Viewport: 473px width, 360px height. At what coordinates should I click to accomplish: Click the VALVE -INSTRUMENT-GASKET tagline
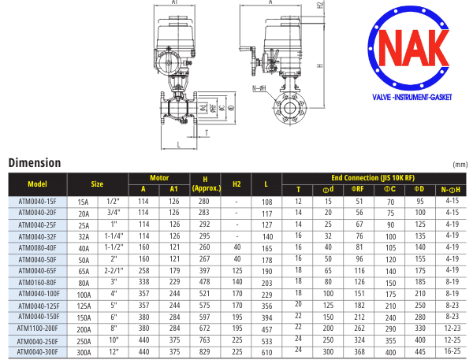412,98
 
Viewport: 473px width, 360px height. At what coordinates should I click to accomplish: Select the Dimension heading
35,163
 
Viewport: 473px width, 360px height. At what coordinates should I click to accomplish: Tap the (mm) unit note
460,165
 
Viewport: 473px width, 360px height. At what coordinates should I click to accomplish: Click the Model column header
37,184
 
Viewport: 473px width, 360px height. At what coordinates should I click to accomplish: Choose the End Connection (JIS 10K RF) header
373,178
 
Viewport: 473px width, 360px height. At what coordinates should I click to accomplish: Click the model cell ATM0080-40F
37,248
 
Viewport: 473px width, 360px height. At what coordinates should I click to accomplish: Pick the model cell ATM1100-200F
37,328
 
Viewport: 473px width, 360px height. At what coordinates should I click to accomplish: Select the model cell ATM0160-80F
37,283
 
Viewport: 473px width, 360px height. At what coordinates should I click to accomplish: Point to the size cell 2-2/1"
114,271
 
